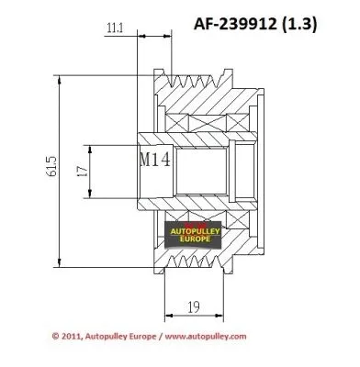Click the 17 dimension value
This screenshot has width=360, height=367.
[80, 170]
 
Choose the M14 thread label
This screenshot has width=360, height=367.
[155, 159]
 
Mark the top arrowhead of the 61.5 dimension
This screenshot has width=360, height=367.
[62, 78]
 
